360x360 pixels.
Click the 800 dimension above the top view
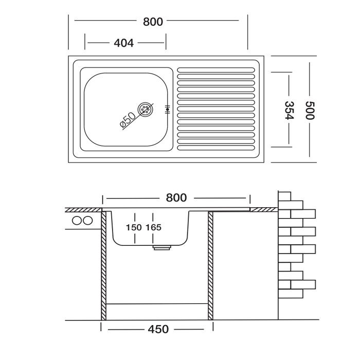[153, 22]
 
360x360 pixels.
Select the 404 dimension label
[123, 43]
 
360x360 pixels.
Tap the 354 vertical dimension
[289, 110]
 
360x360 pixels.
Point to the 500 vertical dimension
[310, 111]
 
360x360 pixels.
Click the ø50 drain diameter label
[128, 119]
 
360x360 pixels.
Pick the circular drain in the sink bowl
[146, 109]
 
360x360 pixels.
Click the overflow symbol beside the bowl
[167, 110]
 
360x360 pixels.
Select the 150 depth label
[134, 227]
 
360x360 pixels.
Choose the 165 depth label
[154, 227]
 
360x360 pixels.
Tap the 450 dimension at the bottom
[158, 329]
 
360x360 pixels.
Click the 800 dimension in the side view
[176, 197]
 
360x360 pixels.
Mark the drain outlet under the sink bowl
[162, 247]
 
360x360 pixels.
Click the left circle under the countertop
[77, 221]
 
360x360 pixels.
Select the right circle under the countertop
[88, 221]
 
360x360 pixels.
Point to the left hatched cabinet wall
[104, 266]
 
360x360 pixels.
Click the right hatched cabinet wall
[210, 266]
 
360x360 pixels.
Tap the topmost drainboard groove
[216, 70]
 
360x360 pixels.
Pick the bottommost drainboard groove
[216, 148]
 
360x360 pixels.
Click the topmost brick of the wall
[284, 196]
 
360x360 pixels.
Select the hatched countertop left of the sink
[83, 210]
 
